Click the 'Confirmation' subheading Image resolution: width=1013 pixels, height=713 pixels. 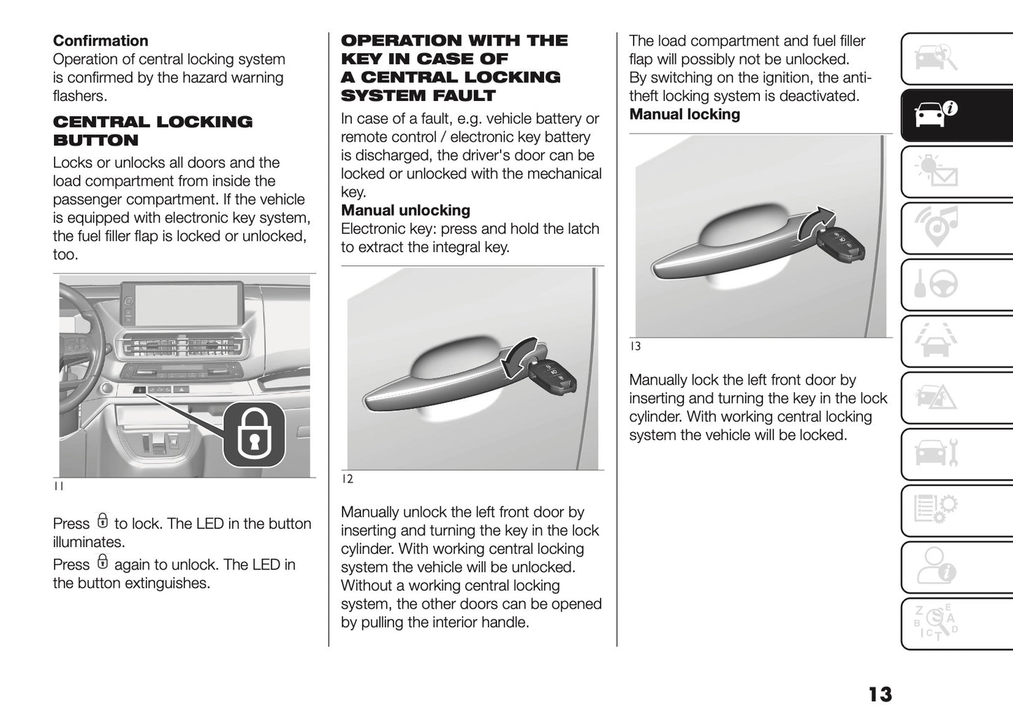pyautogui.click(x=100, y=41)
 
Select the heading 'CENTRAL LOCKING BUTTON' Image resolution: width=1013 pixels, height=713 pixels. pyautogui.click(x=152, y=131)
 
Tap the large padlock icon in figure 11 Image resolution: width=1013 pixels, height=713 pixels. pyautogui.click(x=254, y=435)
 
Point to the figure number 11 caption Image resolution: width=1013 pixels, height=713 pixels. pyautogui.click(x=59, y=486)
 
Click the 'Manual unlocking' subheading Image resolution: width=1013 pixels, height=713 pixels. pyautogui.click(x=405, y=210)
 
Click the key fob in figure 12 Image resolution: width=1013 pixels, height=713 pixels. pyautogui.click(x=553, y=376)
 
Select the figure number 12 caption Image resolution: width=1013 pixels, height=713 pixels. pyautogui.click(x=347, y=479)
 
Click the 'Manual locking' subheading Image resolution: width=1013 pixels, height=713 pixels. pyautogui.click(x=684, y=114)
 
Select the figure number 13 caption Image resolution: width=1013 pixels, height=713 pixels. pyautogui.click(x=635, y=346)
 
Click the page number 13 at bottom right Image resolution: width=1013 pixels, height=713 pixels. pyautogui.click(x=880, y=694)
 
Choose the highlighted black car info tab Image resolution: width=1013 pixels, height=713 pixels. pyautogui.click(x=937, y=115)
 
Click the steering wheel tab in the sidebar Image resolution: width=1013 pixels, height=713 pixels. pyautogui.click(x=937, y=284)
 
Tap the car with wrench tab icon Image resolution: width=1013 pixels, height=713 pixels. pyautogui.click(x=937, y=454)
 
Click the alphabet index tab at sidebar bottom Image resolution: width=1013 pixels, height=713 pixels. pyautogui.click(x=937, y=623)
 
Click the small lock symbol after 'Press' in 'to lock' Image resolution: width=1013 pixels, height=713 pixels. pyautogui.click(x=102, y=521)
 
